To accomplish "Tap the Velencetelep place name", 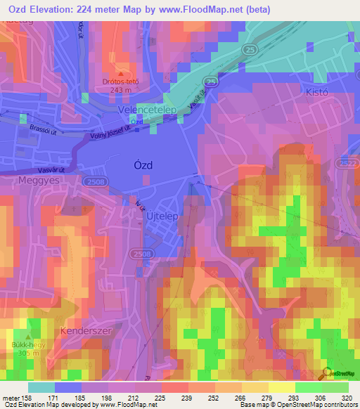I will [x=146, y=110].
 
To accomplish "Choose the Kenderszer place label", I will [x=84, y=330].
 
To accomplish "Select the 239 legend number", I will [x=188, y=397].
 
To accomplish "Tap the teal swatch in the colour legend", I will [x=41, y=387].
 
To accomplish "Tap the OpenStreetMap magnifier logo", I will [x=326, y=373].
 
